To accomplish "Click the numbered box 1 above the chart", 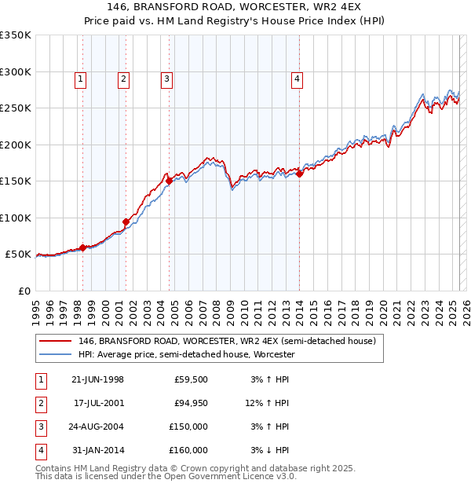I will [82, 78].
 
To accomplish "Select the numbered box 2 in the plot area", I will [124, 78].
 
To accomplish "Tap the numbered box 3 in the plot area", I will [167, 78].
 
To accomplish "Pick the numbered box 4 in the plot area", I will [298, 78].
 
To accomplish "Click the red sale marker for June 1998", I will [83, 247].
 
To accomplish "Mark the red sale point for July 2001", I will [126, 222].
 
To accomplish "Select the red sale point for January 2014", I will [300, 174].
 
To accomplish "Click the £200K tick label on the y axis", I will [16, 145].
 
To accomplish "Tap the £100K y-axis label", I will [16, 218].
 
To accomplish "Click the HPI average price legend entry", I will [186, 355].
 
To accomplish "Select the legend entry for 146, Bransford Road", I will [228, 342].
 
